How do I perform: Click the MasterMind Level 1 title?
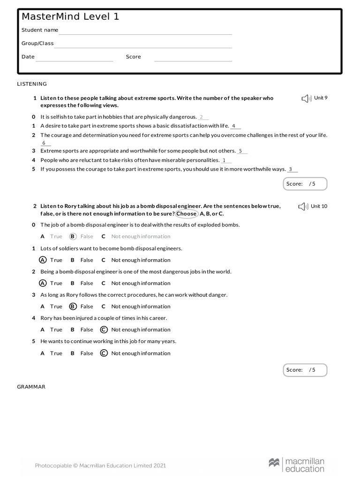coord(70,17)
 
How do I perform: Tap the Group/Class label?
coord(37,43)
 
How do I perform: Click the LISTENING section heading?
coord(32,84)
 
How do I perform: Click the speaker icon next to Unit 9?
coord(306,98)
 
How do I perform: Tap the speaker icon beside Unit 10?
coord(303,207)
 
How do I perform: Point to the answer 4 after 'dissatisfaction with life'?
coord(234,126)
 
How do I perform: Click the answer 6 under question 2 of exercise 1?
coord(44,143)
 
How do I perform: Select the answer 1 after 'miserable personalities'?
coord(224,160)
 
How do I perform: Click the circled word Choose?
coord(187,214)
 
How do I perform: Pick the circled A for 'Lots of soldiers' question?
coord(43,260)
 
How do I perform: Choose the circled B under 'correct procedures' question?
coord(73,307)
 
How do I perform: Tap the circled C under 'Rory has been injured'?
coord(104,330)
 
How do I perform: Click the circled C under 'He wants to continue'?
coord(104,353)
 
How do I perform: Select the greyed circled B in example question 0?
coord(73,237)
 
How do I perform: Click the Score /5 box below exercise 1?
coord(305,184)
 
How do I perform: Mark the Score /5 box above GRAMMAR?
coord(305,370)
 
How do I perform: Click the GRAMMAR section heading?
coord(31,387)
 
